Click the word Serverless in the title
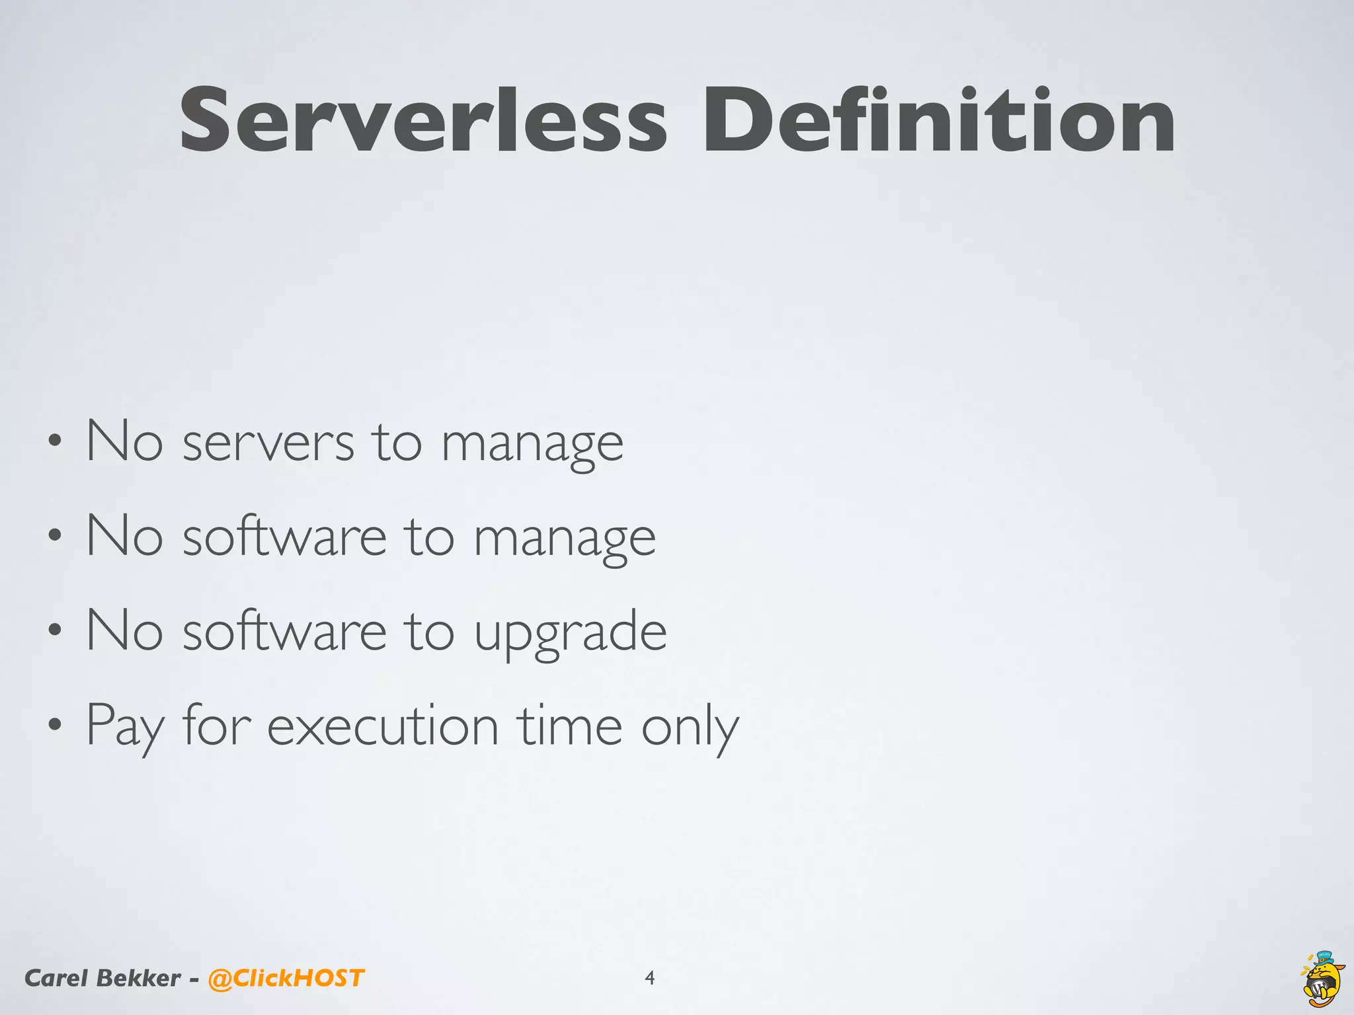(423, 122)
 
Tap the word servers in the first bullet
(268, 443)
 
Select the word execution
(382, 726)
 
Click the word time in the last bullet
(570, 726)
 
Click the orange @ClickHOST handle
(286, 978)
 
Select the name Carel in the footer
(56, 978)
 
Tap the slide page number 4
(650, 978)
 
